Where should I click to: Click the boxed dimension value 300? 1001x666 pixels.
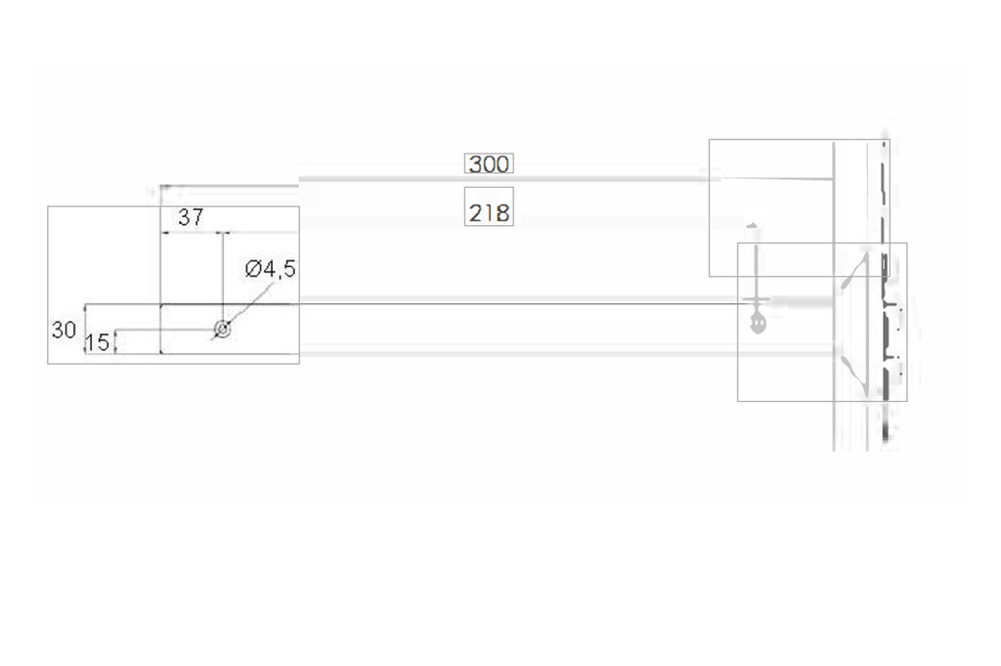point(488,164)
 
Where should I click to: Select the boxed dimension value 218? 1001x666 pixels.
point(489,212)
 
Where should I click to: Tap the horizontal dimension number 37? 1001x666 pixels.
point(191,217)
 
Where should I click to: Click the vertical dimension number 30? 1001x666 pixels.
point(64,331)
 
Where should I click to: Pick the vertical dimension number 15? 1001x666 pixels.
point(98,343)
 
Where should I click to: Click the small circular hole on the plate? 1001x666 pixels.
point(223,330)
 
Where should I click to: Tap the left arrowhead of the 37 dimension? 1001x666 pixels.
point(165,233)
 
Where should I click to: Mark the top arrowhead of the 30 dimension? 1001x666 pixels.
point(86,308)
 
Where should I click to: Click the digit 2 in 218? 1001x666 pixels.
point(475,212)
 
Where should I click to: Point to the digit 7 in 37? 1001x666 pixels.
point(197,217)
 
